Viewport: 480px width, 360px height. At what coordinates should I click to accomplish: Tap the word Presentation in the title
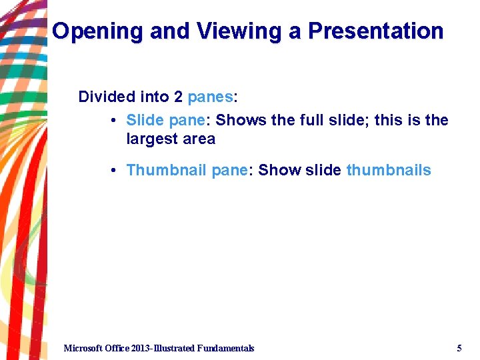pos(367,31)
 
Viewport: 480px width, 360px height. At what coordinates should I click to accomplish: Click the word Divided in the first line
pos(107,97)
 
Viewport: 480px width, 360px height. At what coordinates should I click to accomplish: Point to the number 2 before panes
pos(178,97)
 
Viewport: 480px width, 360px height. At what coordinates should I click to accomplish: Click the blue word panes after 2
pos(211,97)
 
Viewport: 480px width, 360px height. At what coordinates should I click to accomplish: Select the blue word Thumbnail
pos(166,171)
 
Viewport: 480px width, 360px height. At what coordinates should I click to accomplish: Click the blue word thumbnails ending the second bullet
pos(389,171)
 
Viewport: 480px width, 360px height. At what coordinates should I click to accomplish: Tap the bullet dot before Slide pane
pos(115,121)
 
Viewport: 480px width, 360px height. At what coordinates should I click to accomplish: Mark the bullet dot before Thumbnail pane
pos(115,171)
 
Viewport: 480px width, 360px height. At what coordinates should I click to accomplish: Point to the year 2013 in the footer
pos(141,348)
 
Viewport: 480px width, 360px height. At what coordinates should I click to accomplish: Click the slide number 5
pos(459,348)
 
